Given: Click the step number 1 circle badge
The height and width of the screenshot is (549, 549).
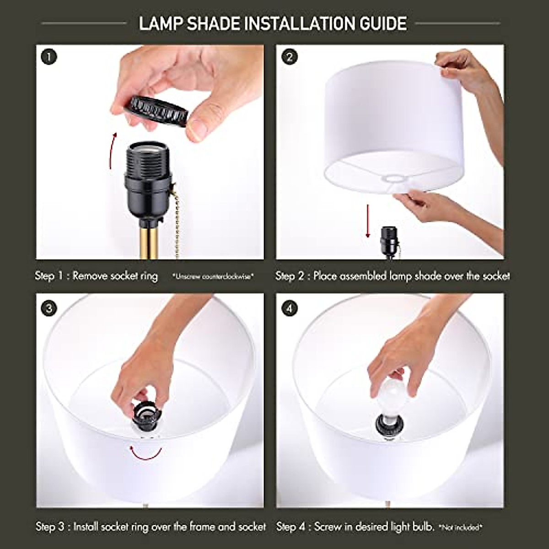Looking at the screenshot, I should pyautogui.click(x=49, y=58).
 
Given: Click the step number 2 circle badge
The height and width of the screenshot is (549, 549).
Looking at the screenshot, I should pyautogui.click(x=289, y=58).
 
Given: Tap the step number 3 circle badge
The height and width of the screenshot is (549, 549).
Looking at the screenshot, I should pyautogui.click(x=49, y=308).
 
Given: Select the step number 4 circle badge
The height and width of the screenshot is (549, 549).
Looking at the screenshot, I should pyautogui.click(x=289, y=308).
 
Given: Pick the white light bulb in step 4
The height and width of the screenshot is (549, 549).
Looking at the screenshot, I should pyautogui.click(x=389, y=398).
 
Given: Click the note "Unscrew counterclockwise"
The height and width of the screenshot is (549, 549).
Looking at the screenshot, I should pyautogui.click(x=213, y=277).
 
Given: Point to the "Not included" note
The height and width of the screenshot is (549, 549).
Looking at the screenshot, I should pyautogui.click(x=461, y=527).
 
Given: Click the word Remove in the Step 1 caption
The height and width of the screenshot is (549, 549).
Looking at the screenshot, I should pyautogui.click(x=90, y=276).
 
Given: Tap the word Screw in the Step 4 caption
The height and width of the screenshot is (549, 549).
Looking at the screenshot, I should pyautogui.click(x=328, y=527).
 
